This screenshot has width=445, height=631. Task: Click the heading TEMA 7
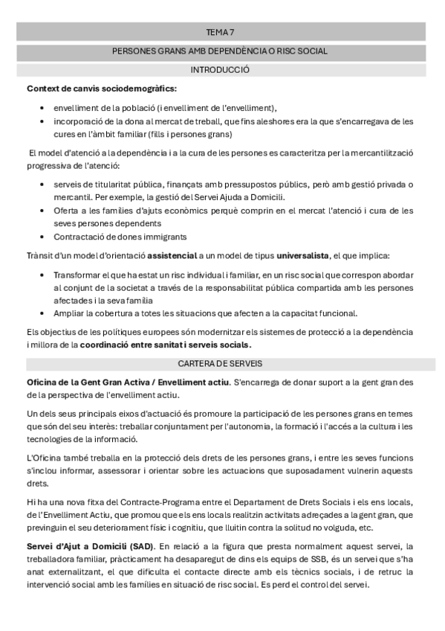(220, 33)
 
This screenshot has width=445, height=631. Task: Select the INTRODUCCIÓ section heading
(220, 70)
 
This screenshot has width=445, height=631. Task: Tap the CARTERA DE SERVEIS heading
(220, 364)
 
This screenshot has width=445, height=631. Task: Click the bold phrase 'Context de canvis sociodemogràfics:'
(102, 89)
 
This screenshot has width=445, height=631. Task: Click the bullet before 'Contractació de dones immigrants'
(45, 237)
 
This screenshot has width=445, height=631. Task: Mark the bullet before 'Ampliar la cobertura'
(45, 313)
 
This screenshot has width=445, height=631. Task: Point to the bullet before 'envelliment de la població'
(45, 107)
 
